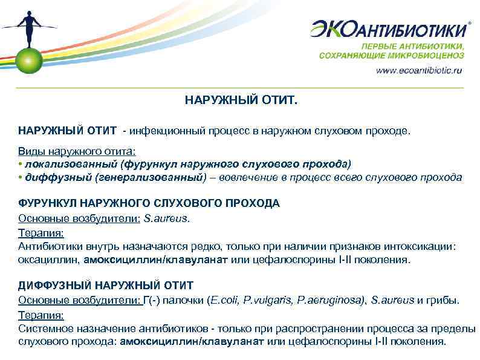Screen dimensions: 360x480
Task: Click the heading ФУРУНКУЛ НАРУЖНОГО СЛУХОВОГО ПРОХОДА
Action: (x=149, y=203)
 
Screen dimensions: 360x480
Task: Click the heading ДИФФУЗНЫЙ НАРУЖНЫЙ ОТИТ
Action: (x=106, y=285)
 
